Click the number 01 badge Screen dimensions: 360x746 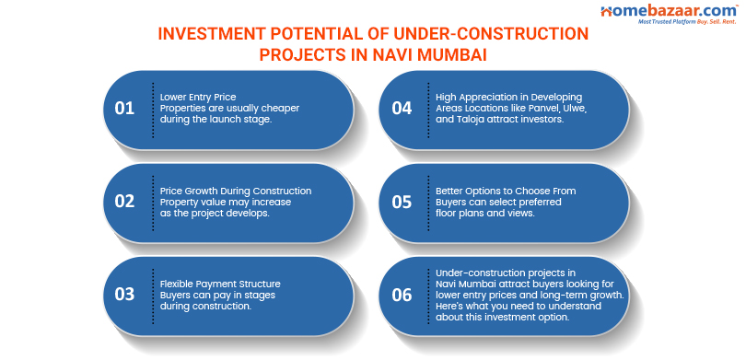125,109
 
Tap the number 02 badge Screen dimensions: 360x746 125,202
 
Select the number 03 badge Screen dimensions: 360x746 125,295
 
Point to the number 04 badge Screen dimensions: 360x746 402,109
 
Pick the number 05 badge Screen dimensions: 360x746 402,202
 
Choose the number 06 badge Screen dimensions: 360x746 402,295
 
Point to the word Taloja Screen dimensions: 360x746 469,120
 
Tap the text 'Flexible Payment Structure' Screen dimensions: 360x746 220,284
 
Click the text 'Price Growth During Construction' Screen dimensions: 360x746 236,191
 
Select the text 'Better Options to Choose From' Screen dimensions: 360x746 506,191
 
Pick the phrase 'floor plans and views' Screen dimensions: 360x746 485,213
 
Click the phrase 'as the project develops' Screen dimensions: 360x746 213,213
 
